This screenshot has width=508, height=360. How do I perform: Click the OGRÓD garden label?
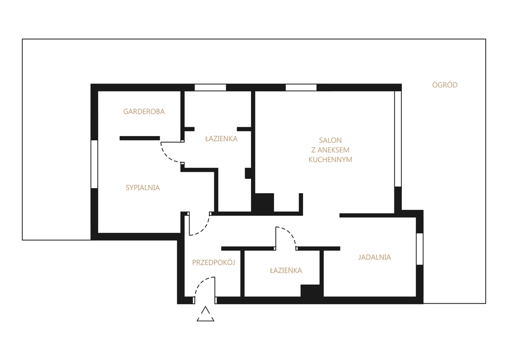[x=444, y=85]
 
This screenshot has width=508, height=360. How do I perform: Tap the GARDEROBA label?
[x=144, y=112]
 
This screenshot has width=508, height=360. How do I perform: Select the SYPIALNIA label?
[x=142, y=188]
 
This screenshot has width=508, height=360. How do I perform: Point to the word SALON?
[x=330, y=141]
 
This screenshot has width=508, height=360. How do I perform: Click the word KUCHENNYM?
[x=330, y=159]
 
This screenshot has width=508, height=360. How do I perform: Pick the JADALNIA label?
[x=375, y=257]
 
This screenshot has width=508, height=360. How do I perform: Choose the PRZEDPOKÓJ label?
[x=213, y=262]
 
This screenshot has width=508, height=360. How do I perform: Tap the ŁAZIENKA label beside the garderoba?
[x=221, y=139]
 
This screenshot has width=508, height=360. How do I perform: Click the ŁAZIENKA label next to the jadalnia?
[x=286, y=270]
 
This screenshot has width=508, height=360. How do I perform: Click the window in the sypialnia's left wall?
[x=94, y=164]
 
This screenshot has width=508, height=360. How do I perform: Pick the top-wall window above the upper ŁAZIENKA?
[x=210, y=87]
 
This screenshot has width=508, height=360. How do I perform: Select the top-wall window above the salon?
[x=301, y=87]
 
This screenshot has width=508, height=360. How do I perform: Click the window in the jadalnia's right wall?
[x=420, y=249]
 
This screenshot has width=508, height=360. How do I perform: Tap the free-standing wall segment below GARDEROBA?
[x=139, y=138]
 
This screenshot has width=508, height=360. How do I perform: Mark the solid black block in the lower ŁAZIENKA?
[x=311, y=290]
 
